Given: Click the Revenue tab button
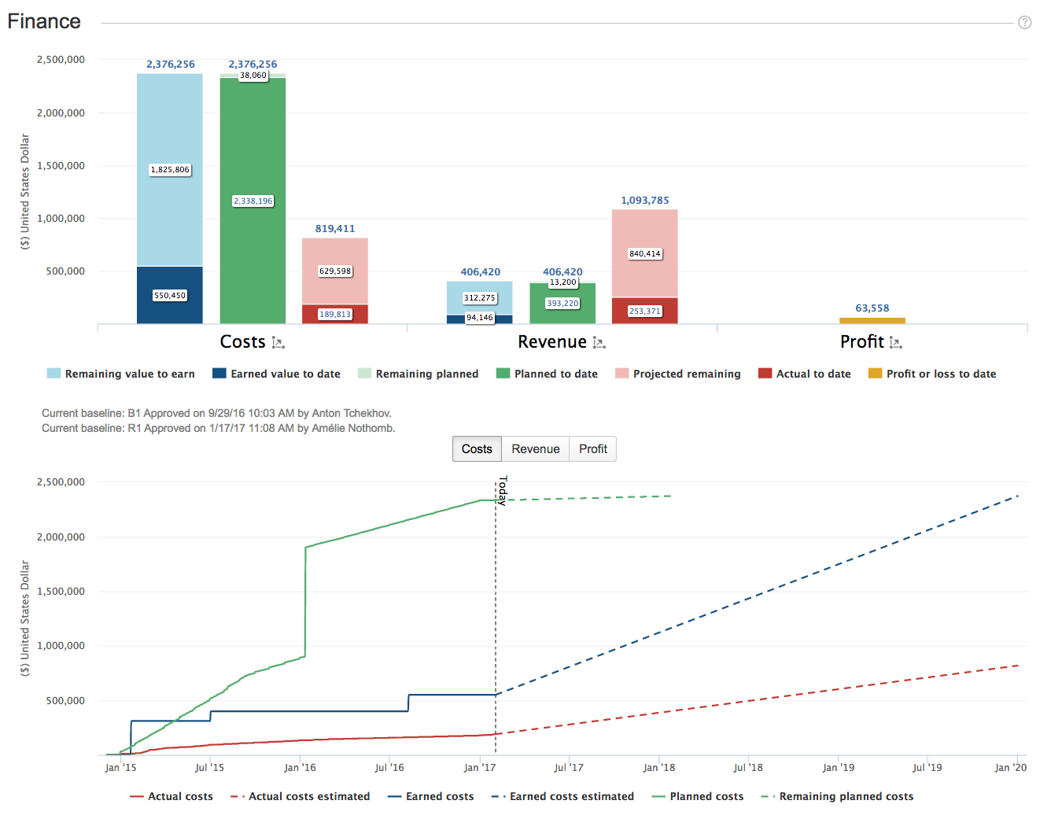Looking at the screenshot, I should coord(535,448).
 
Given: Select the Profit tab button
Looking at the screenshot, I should coord(592,448).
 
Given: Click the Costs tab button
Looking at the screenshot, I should coord(477,448).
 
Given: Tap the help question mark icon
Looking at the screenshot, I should coord(1024,23).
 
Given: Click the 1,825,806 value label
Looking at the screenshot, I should coord(170,170).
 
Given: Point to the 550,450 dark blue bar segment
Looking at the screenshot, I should coord(170,295).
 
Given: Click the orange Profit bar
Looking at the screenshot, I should coord(872,320).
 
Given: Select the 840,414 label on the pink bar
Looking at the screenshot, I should coord(644,253).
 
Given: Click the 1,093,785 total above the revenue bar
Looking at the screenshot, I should coord(644,201).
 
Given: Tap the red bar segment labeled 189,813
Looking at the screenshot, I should coord(335,314).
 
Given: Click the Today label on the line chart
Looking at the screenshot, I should coord(503,489).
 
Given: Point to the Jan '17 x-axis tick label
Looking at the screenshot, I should coord(480,768).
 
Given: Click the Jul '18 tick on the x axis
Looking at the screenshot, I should coord(748,768).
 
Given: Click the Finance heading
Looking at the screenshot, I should coord(44,21).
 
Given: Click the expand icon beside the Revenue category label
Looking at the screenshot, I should coord(599,343).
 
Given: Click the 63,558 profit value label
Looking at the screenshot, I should coord(872,308).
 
